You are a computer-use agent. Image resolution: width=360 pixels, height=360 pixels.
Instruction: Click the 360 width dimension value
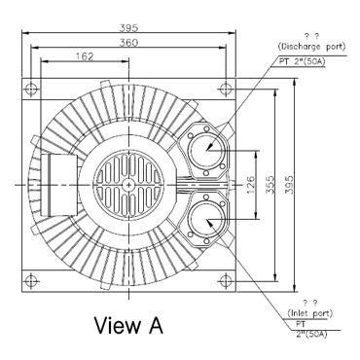[128, 43]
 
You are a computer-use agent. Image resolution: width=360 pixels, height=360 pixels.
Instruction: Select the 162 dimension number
[85, 56]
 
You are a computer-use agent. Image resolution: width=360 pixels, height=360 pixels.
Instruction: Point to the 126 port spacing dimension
[252, 185]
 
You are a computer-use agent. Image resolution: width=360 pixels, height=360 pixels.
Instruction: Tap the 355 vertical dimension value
[270, 185]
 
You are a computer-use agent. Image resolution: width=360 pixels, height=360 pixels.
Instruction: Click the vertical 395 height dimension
[289, 185]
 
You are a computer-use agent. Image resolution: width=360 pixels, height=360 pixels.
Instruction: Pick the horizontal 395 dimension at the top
[128, 28]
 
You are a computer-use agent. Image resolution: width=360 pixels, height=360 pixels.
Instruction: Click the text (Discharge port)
[311, 47]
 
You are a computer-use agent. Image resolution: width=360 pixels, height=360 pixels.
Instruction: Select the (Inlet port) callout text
[310, 313]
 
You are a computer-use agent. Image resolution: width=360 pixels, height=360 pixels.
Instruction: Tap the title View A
[128, 325]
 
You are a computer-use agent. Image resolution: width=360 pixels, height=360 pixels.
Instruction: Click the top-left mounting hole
[31, 89]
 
